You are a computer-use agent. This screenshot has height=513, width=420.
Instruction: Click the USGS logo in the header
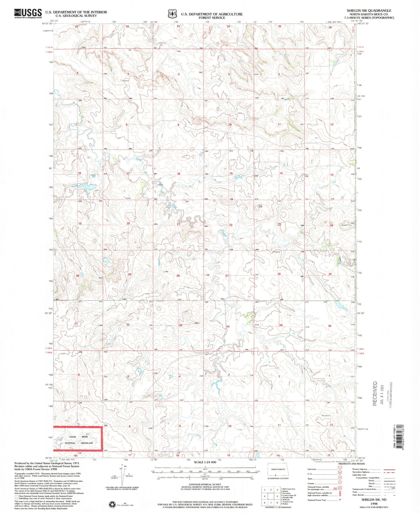[x=28, y=14]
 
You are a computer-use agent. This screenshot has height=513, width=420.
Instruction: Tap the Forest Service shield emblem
[x=173, y=14]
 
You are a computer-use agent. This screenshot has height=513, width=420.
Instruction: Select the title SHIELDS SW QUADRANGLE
[x=369, y=10]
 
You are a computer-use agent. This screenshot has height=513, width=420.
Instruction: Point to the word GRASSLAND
[x=87, y=443]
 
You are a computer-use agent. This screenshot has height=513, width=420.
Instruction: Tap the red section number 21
[x=178, y=224]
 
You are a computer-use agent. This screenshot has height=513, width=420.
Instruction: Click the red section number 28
[x=178, y=276]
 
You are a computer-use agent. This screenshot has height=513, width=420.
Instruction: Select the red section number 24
[x=331, y=226]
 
